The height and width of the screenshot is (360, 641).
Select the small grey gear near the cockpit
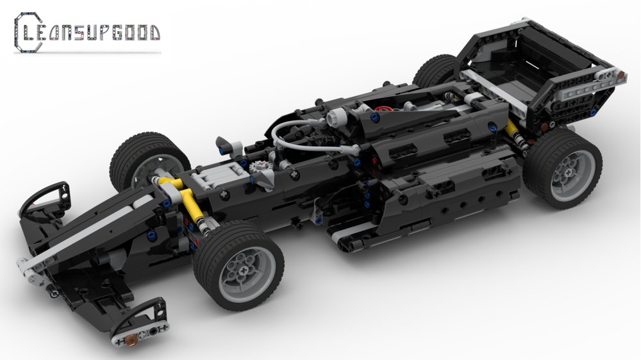[x=260, y=166]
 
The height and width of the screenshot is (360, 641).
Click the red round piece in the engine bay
[x=385, y=109]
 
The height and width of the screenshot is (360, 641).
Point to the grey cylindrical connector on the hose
[x=335, y=119]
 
